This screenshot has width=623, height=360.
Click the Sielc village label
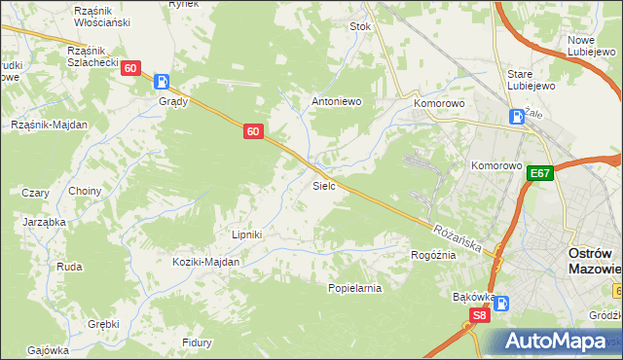coord(324,184)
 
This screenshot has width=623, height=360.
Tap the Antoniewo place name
coord(336,100)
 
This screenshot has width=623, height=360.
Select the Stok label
coord(361,27)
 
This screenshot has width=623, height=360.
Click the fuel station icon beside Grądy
coord(163,82)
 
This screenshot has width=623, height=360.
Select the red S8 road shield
coord(478,315)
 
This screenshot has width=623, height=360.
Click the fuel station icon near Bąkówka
coord(501,303)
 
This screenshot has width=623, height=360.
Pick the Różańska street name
coord(458,237)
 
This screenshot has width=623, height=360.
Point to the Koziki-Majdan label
coord(205,262)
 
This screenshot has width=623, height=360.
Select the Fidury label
coord(198,342)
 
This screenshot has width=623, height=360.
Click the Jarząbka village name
coord(45,222)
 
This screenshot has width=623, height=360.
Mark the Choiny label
coord(85,191)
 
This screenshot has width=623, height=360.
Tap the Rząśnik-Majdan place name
coord(50,125)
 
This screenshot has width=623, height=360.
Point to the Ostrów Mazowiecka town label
coord(594,261)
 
